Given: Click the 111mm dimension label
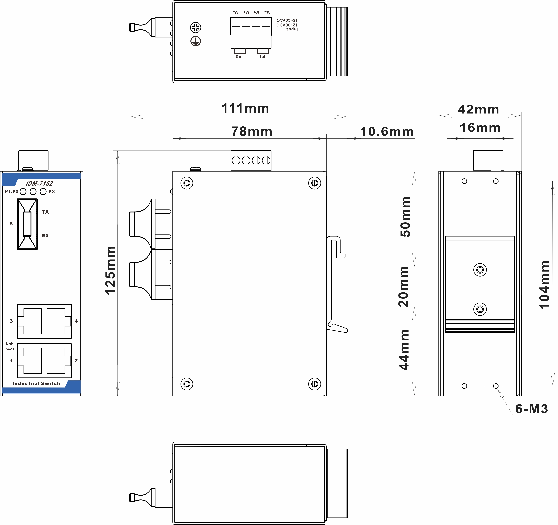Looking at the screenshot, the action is (x=245, y=108).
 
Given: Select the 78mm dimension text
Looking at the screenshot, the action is (x=251, y=132).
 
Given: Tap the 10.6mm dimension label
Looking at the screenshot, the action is (x=387, y=132).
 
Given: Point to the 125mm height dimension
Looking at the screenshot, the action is (x=110, y=270).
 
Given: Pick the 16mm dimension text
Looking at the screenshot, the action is (x=480, y=128).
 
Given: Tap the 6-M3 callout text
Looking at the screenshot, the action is (x=531, y=409).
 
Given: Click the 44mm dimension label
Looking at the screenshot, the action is (x=404, y=350).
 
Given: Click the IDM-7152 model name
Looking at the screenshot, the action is (x=39, y=183).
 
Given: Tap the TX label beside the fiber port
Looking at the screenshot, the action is (x=45, y=212).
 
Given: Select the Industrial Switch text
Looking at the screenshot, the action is (x=36, y=383).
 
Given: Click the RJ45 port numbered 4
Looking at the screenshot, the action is (x=58, y=321).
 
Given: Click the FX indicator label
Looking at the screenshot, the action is (x=52, y=192).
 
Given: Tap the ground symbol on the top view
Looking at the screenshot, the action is (x=196, y=41).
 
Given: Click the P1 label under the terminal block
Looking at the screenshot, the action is (x=262, y=57).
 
